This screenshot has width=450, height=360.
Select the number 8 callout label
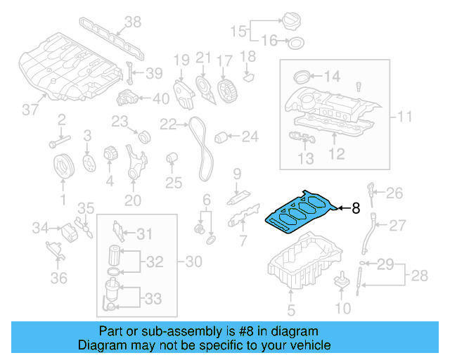[356, 208]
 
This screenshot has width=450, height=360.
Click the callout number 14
[331, 76]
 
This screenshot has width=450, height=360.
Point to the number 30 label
[193, 262]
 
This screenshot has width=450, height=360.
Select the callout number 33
[153, 300]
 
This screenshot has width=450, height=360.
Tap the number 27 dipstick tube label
[398, 225]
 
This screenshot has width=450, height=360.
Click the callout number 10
[342, 308]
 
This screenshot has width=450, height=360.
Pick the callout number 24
[250, 136]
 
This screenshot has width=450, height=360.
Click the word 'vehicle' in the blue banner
[306, 345]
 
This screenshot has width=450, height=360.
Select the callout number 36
[59, 278]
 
